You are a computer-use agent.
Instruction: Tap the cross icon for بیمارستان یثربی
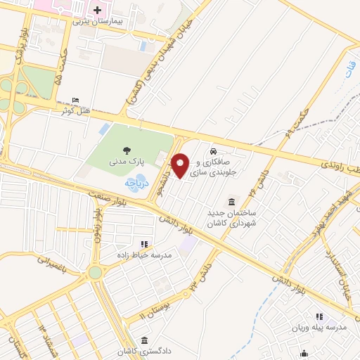pos(97,11)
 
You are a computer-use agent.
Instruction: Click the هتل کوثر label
pos(75,110)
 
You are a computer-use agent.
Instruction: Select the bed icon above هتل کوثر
pos(75,100)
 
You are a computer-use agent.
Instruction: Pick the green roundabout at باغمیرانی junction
pos(94,273)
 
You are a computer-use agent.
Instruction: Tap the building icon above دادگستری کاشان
pos(144,340)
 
